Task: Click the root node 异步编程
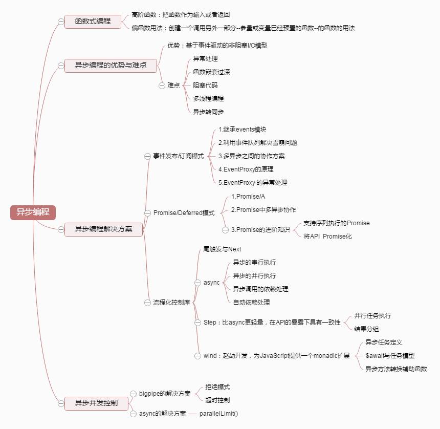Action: [33, 212]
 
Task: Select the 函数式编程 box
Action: [93, 21]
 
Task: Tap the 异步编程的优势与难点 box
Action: [111, 65]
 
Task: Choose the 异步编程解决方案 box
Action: [103, 229]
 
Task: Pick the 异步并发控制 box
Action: [96, 403]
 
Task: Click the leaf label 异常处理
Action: [205, 58]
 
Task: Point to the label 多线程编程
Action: [208, 98]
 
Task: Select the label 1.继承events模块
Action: [242, 130]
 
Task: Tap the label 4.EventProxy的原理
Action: [249, 169]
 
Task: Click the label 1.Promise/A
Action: [248, 196]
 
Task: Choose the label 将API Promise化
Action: [327, 237]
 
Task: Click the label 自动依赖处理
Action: [251, 303]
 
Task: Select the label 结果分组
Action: [366, 329]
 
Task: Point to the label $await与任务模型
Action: [390, 356]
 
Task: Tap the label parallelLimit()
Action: [218, 414]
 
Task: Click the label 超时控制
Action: [217, 400]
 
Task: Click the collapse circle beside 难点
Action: [162, 85]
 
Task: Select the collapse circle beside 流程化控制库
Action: [147, 303]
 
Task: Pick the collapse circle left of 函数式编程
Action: [61, 22]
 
